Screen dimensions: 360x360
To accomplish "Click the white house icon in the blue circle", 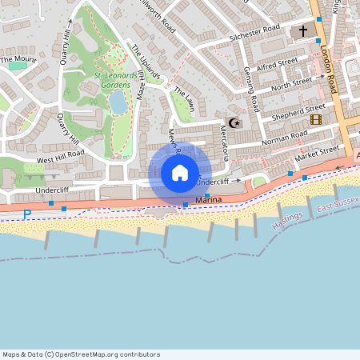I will pyautogui.click(x=180, y=173).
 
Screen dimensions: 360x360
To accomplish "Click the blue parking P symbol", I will pyautogui.click(x=27, y=214).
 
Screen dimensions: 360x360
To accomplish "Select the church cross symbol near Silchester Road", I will pyautogui.click(x=303, y=31).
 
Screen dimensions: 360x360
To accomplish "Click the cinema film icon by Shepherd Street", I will pyautogui.click(x=315, y=119).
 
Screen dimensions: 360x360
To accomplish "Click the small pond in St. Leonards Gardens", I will pyautogui.click(x=118, y=102).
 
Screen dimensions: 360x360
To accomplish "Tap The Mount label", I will pyautogui.click(x=18, y=59).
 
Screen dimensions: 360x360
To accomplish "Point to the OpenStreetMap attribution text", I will pyautogui.click(x=81, y=354).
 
